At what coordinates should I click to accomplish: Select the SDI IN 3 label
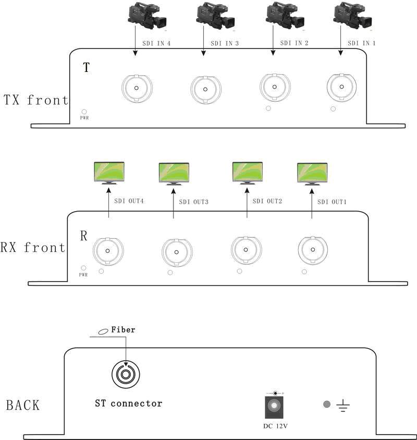[x=225, y=44]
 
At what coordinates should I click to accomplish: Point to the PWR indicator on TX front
[x=84, y=112]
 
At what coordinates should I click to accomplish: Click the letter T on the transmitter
[x=87, y=68]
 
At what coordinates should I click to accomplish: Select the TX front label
[x=35, y=100]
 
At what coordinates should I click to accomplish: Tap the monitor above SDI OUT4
[x=108, y=174]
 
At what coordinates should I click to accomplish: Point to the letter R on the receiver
[x=83, y=235]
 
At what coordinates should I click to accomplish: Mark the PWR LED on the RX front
[x=83, y=267]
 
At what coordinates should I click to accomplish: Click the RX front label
[x=33, y=248]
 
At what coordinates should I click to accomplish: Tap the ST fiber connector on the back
[x=126, y=374]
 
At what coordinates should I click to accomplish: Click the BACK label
[x=22, y=405]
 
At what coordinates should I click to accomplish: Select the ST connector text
[x=128, y=403]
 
